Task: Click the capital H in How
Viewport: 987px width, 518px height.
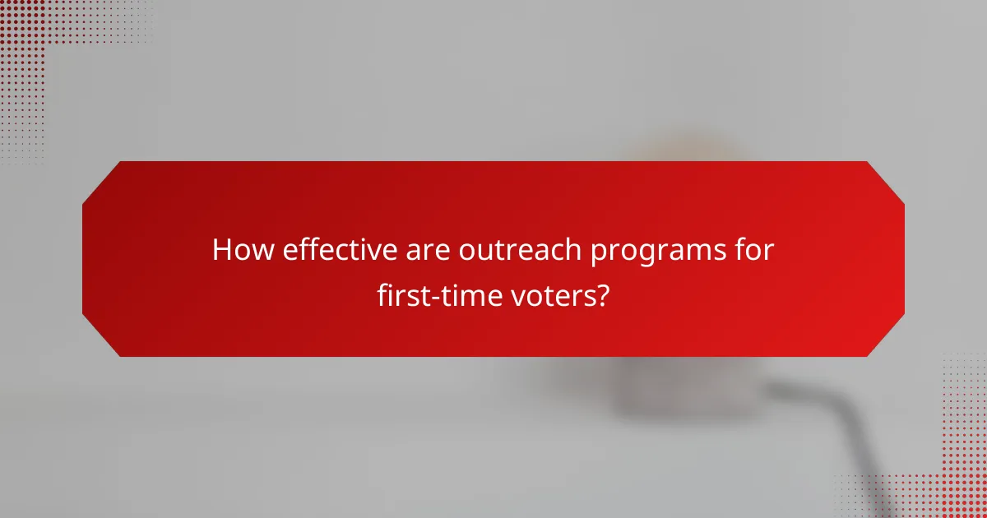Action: coord(221,250)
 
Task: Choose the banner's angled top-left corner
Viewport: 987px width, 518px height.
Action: coord(101,180)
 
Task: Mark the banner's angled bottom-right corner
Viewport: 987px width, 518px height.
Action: coord(886,338)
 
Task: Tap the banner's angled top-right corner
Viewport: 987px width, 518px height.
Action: coord(886,180)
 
